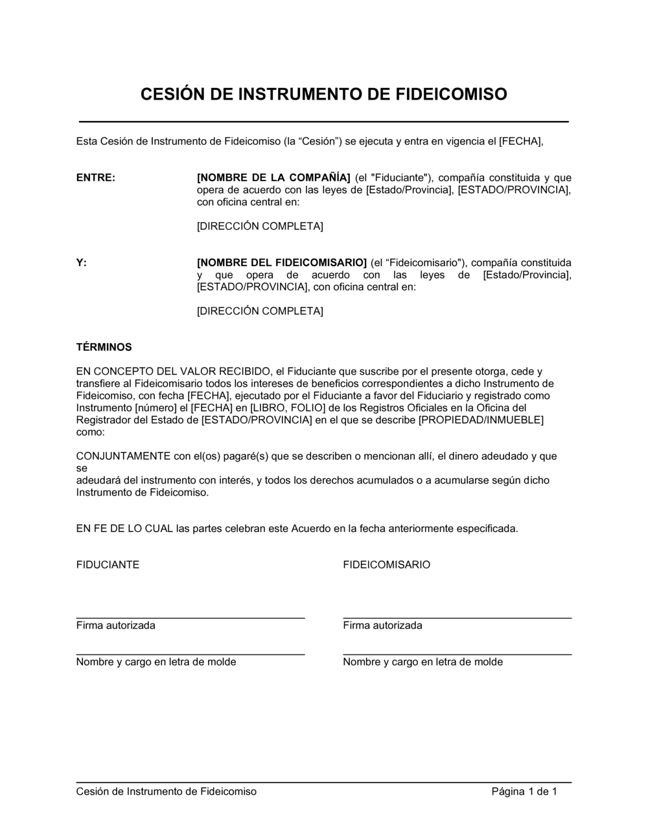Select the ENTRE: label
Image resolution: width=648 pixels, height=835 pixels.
click(x=96, y=178)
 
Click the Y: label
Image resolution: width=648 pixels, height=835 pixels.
click(x=82, y=263)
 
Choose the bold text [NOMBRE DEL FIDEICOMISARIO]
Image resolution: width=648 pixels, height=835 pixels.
click(x=282, y=263)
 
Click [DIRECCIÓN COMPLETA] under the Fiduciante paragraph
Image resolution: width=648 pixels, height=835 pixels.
click(x=260, y=227)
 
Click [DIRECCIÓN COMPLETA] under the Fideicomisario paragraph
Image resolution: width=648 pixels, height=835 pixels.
click(x=260, y=311)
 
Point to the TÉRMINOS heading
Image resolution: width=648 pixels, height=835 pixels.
click(x=104, y=348)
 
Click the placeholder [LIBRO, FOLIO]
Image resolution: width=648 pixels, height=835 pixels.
click(x=289, y=408)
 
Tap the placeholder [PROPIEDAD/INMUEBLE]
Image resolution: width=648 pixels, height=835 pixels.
click(x=481, y=420)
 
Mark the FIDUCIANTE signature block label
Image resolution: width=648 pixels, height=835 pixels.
click(x=108, y=565)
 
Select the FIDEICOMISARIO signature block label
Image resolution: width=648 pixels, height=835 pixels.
click(x=386, y=565)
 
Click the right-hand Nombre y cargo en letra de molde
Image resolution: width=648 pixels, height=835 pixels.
click(x=422, y=662)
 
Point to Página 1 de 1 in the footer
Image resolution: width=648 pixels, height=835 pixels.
click(x=524, y=792)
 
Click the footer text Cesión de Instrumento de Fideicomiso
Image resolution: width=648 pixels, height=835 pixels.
click(x=167, y=792)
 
